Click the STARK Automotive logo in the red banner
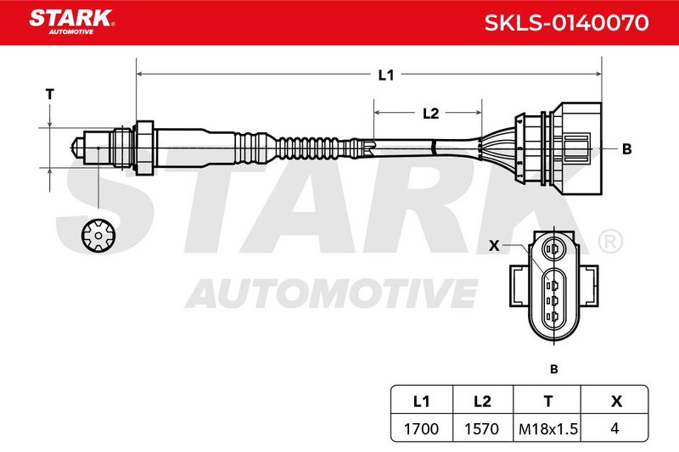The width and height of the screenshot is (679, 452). (71, 22)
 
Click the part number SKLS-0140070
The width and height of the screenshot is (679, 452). (566, 23)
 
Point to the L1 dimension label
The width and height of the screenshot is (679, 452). (386, 75)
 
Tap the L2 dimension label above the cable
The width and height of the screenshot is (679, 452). (430, 114)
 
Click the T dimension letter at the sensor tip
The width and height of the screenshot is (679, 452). (50, 94)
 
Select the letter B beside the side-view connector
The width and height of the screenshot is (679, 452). (626, 149)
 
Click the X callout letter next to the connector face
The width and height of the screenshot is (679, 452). (494, 246)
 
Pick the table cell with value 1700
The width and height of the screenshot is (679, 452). (421, 428)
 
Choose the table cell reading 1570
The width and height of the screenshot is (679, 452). (482, 428)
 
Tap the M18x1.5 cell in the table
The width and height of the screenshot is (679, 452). (547, 428)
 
